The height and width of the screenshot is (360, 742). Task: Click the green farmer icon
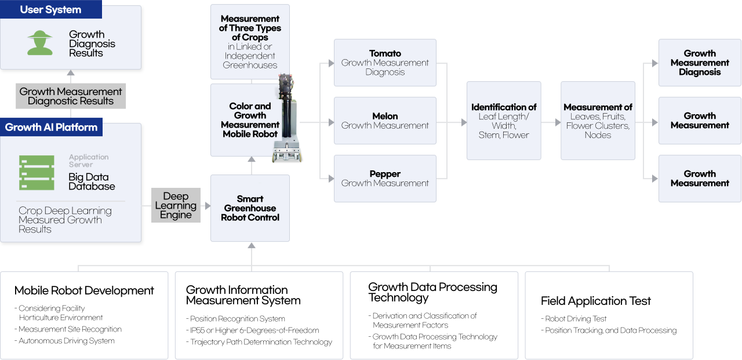tap(40, 43)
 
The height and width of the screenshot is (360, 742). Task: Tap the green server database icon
tap(37, 173)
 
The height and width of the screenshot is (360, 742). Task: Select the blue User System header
tap(51, 10)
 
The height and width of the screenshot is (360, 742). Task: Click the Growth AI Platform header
tap(51, 128)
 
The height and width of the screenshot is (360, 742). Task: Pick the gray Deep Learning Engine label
tap(176, 206)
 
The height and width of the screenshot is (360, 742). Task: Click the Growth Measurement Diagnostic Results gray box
tap(71, 96)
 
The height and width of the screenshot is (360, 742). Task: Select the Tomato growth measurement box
tap(385, 63)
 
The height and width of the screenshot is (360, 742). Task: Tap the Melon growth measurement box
tap(385, 121)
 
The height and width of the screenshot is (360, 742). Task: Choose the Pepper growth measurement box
tap(385, 179)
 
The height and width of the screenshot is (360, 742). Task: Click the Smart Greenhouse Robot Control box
tap(250, 208)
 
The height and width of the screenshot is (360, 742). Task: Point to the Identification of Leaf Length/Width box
tap(504, 121)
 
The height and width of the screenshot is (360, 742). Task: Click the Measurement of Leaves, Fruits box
tap(598, 121)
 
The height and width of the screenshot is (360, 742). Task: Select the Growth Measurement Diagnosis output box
tap(700, 63)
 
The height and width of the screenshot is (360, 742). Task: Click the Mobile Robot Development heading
tap(84, 290)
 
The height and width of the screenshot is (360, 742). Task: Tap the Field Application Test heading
tap(595, 301)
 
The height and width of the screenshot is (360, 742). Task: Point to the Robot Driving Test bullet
tap(576, 319)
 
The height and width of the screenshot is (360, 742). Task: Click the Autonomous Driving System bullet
tap(67, 341)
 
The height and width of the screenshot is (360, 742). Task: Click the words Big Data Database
tap(92, 181)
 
